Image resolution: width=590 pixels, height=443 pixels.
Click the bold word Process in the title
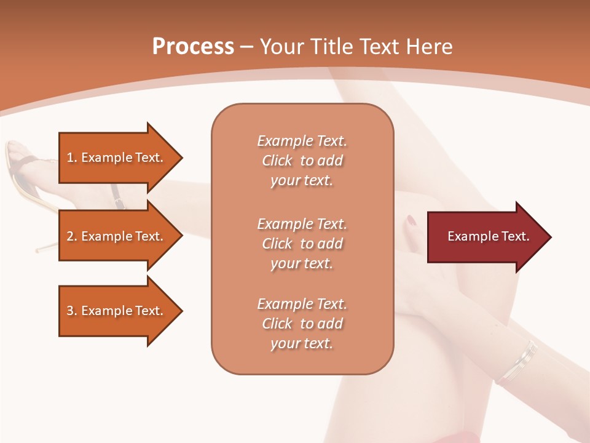pyautogui.click(x=193, y=47)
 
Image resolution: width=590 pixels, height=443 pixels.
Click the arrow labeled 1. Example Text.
pyautogui.click(x=117, y=158)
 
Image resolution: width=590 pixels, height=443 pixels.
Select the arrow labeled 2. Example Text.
pyautogui.click(x=117, y=236)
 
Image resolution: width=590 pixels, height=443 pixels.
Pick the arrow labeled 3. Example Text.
pyautogui.click(x=117, y=311)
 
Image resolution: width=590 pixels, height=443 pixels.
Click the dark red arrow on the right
pyautogui.click(x=486, y=237)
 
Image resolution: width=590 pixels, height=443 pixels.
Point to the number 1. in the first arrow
pyautogui.click(x=71, y=158)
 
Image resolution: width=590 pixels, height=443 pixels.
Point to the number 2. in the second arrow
pyautogui.click(x=71, y=236)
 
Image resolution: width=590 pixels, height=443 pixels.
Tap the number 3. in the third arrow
pyautogui.click(x=71, y=311)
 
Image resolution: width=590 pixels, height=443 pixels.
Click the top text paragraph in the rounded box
pyautogui.click(x=302, y=161)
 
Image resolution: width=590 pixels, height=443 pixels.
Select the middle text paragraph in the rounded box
pyautogui.click(x=302, y=244)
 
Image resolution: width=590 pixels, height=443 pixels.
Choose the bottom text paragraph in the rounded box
pyautogui.click(x=302, y=324)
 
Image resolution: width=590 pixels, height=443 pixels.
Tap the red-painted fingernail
pyautogui.click(x=411, y=220)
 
